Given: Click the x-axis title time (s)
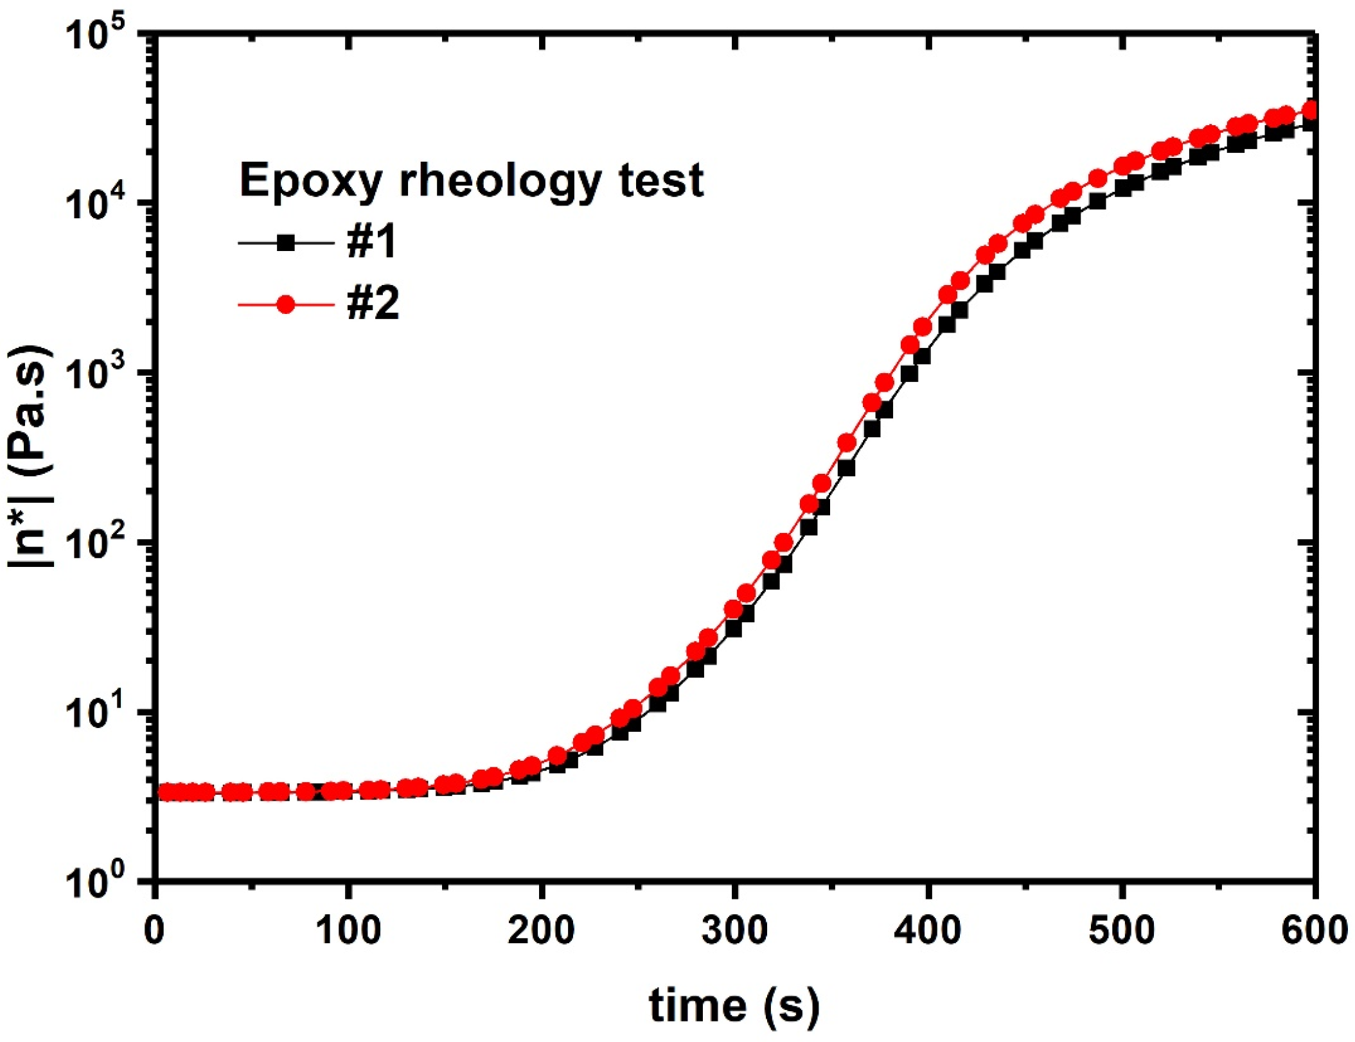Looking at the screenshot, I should point(734,1005).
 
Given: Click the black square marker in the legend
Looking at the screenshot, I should point(286,243).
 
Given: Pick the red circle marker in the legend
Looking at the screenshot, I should point(286,304).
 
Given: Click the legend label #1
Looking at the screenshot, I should point(371,243).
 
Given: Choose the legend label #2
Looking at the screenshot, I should point(373,304).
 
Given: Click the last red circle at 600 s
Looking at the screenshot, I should point(1311,110).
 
